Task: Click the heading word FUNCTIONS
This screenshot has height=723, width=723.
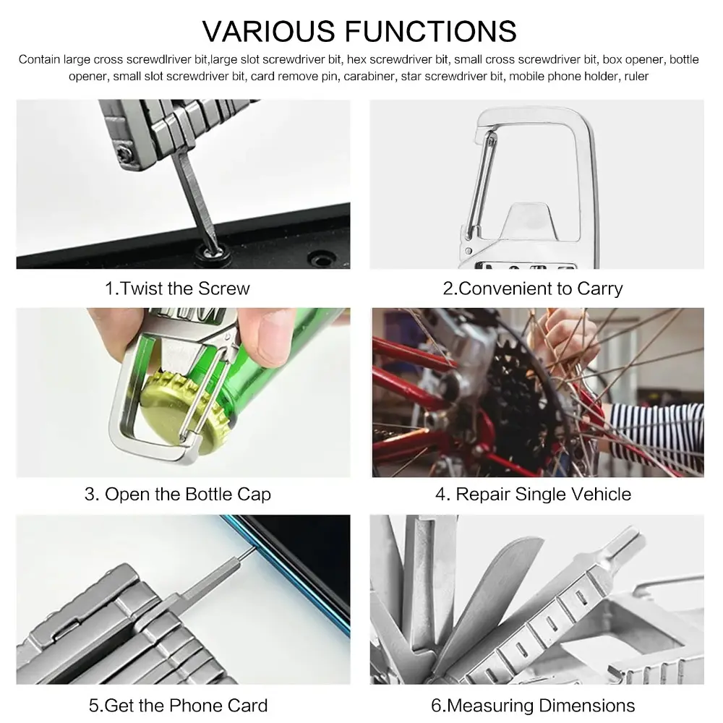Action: tap(431, 31)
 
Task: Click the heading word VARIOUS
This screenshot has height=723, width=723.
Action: tap(269, 31)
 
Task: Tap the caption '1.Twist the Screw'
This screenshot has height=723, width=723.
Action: tap(177, 288)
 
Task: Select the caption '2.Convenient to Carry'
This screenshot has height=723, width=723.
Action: tap(533, 288)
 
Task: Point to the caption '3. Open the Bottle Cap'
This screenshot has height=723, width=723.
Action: tap(178, 495)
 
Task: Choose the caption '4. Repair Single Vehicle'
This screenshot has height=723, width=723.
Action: tap(533, 495)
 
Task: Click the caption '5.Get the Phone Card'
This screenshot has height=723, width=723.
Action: tap(178, 706)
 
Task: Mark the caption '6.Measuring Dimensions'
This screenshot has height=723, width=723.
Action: tap(533, 706)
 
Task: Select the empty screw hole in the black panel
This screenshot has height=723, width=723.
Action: tap(322, 258)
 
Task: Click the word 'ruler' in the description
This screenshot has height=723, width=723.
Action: tap(636, 76)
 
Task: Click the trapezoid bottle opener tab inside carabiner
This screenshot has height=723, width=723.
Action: tap(529, 222)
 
